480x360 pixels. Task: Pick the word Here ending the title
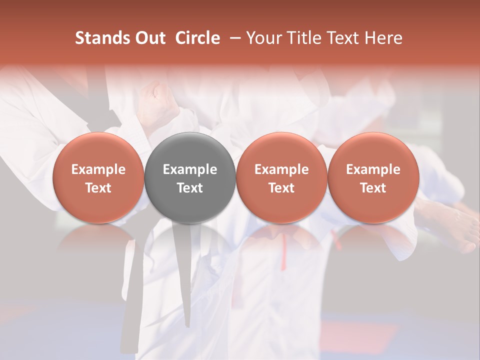(383, 38)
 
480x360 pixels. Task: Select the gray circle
(189, 177)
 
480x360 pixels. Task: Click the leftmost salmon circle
(98, 177)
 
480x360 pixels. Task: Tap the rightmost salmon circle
(373, 177)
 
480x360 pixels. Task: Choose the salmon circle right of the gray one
(281, 177)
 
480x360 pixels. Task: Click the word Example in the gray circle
(189, 169)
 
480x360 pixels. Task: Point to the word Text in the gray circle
(189, 188)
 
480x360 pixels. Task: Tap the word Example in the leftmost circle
(98, 169)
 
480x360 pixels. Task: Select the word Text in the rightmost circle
(373, 188)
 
